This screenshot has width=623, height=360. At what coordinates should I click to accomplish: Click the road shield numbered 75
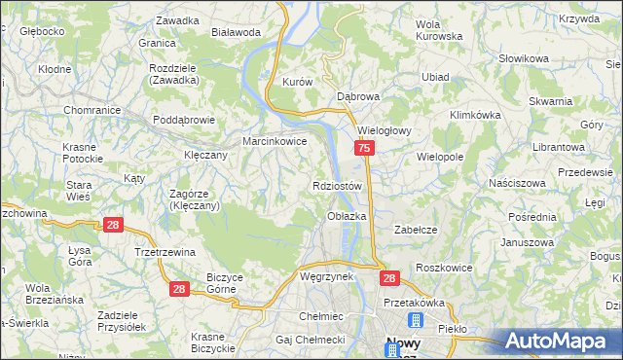tap(363, 148)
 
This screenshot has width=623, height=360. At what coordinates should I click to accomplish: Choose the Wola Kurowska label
tap(438, 29)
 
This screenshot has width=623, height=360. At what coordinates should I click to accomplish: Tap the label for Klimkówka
tap(475, 114)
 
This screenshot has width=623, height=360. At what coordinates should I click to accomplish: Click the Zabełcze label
tap(413, 230)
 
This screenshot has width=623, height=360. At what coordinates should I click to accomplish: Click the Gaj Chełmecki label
tap(311, 339)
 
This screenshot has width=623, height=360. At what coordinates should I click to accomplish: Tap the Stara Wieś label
tap(79, 190)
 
